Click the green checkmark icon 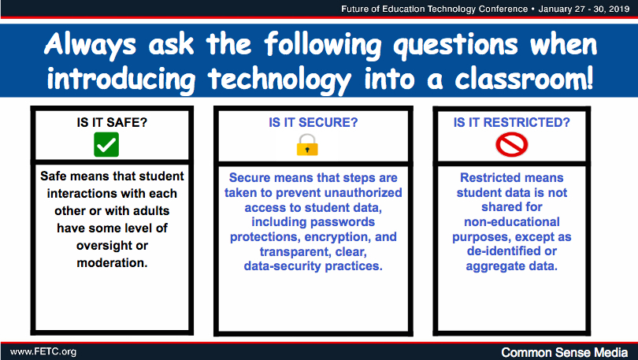coord(106,144)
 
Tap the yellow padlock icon coord(307,145)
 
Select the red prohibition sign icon coord(511,145)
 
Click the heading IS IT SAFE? coord(112,122)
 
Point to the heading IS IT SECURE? coord(313,122)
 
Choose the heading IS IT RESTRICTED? coord(511,122)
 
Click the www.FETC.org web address coord(43,352)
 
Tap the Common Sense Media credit coord(564,352)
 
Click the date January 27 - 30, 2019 coord(584,9)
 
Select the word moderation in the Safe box coord(112,263)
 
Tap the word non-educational coord(512,222)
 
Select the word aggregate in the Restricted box coord(492,267)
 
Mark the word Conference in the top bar coord(503,9)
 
